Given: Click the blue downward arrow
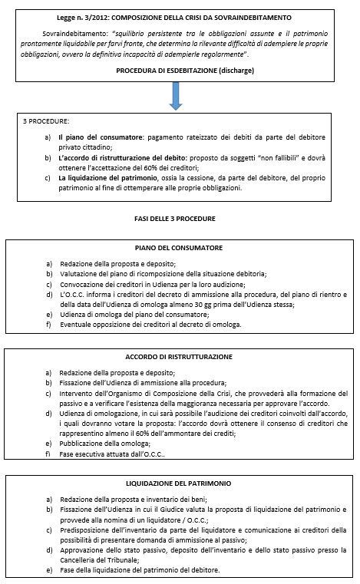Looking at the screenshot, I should click(177, 95).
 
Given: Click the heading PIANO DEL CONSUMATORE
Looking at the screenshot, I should click(178, 248).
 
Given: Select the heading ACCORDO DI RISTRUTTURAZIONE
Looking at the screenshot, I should click(178, 357).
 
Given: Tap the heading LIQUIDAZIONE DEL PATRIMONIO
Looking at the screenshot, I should click(178, 484).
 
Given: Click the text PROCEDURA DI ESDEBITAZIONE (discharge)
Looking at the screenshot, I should click(185, 70).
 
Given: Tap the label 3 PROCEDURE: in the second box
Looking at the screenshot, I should click(47, 121).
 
